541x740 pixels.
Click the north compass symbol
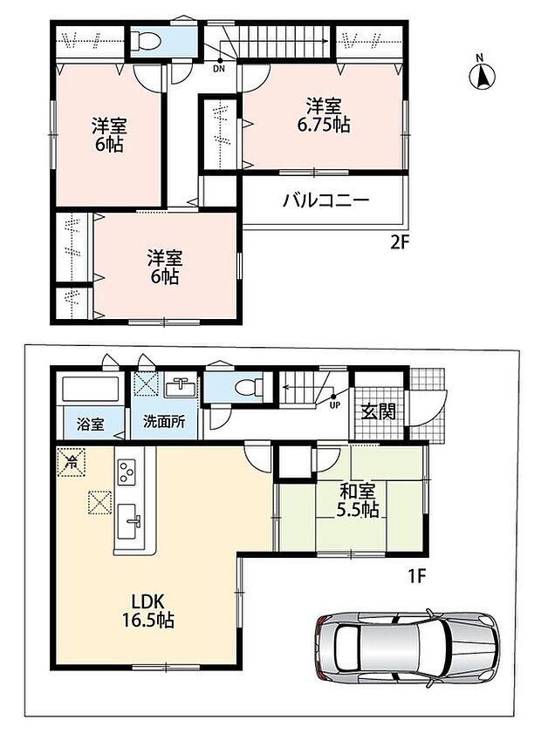pos(482,73)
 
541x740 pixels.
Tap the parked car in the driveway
pos(407,646)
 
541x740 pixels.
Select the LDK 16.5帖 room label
pos(147,611)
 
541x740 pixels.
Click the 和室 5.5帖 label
pos(358,500)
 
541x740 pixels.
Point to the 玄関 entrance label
pos(379,412)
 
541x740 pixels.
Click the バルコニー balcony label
pos(326,201)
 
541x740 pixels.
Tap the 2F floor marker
pos(399,243)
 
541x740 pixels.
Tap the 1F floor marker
pos(417,576)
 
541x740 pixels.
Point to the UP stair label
pos(334,404)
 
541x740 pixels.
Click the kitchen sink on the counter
pos(129,521)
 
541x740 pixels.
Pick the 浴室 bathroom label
pos(90,424)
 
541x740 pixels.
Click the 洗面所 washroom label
pos(164,422)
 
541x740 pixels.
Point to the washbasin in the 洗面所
pos(181,389)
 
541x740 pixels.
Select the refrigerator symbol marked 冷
pos(71,462)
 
